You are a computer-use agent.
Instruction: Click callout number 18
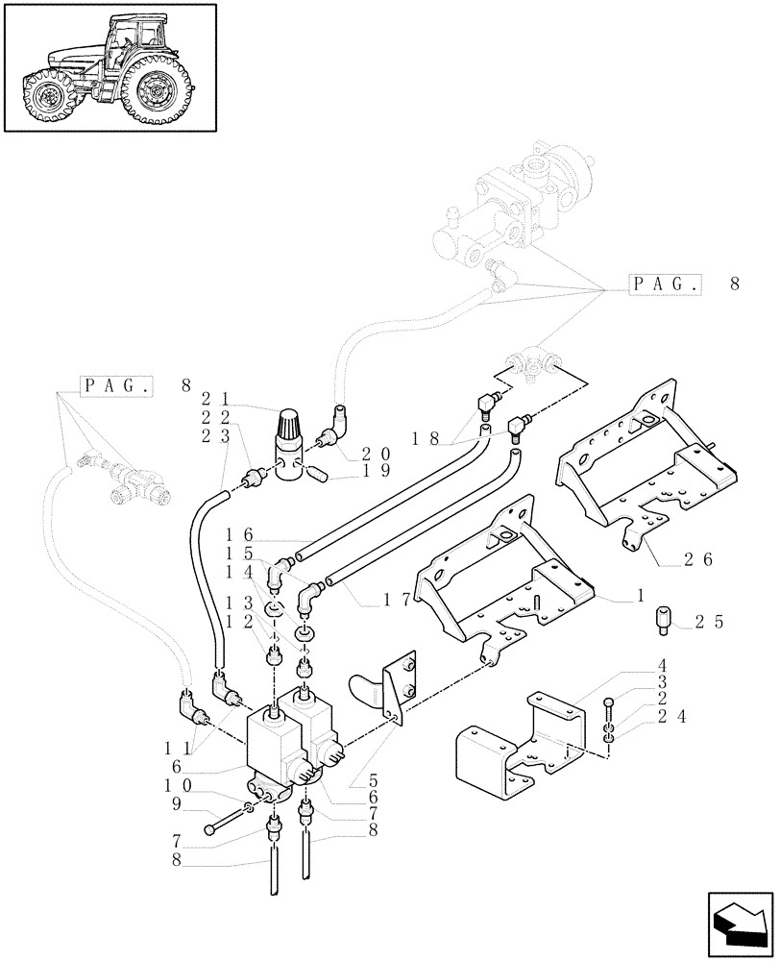[x=423, y=438]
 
